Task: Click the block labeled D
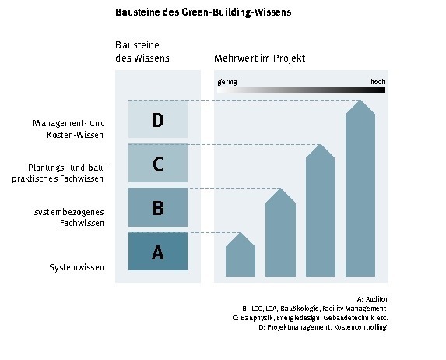pos(158,119)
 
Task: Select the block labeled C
pos(158,163)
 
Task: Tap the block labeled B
pos(158,207)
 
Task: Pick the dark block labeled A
pos(158,252)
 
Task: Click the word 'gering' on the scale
pos(227,83)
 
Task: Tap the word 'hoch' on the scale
pos(378,82)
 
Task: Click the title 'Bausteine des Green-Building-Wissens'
pos(203,12)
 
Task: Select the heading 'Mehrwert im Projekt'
pos(260,58)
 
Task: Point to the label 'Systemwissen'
pos(77,267)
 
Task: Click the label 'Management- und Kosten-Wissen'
pos(68,129)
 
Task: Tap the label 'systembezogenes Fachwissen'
pos(69,217)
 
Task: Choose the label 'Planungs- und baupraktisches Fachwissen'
pos(59,173)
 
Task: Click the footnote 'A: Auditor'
pos(372,299)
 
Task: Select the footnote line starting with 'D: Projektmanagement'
pos(323,327)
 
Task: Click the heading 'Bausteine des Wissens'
pos(142,51)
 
